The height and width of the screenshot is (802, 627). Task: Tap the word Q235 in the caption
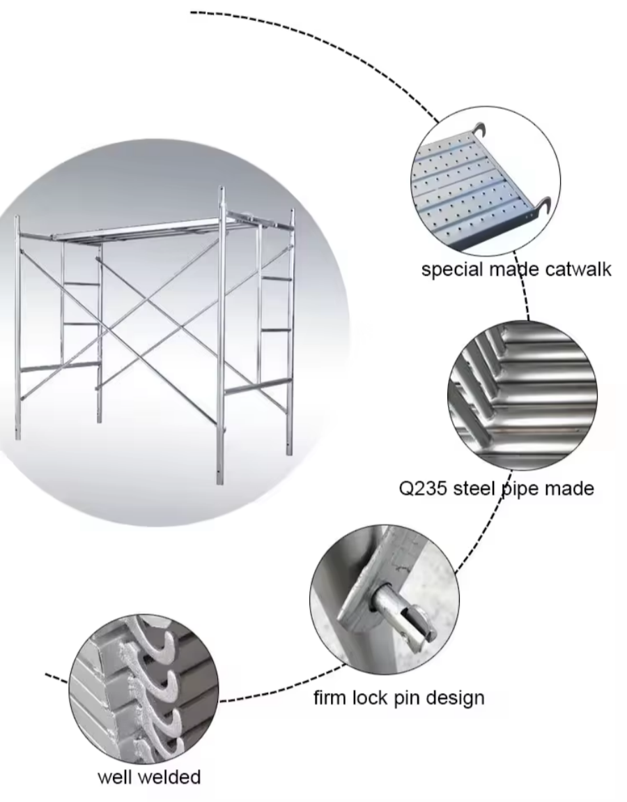(423, 487)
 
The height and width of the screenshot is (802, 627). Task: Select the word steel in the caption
(475, 487)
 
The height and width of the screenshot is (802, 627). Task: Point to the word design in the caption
(451, 697)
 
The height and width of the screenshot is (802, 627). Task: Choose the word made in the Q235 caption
(569, 487)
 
